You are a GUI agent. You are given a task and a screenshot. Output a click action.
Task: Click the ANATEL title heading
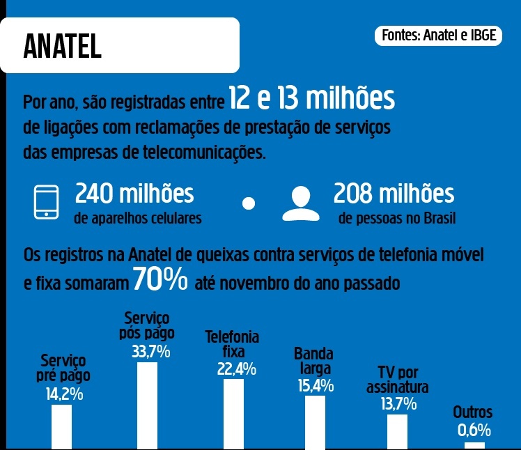pyautogui.click(x=63, y=46)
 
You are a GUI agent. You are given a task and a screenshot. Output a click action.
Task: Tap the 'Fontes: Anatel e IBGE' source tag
pyautogui.click(x=440, y=36)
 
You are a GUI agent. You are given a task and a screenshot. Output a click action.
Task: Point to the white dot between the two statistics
pyautogui.click(x=249, y=203)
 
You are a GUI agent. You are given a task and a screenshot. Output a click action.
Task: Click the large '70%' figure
pyautogui.click(x=160, y=280)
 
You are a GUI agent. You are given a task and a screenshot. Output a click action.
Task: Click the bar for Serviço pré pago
pyautogui.click(x=61, y=426)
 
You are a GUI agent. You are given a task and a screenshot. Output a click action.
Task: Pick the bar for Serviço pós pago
pyautogui.click(x=147, y=405)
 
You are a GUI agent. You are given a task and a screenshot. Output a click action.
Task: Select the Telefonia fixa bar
pyautogui.click(x=233, y=414)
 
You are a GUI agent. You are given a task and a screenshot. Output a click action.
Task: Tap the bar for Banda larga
pyautogui.click(x=315, y=422)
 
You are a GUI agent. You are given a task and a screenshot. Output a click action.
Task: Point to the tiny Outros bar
pyautogui.click(x=474, y=445)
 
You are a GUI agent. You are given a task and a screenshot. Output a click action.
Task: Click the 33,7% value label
pyautogui.click(x=150, y=351)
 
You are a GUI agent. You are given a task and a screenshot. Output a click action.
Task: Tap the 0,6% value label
pyautogui.click(x=474, y=430)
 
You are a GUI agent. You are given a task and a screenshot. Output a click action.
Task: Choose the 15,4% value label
pyautogui.click(x=314, y=385)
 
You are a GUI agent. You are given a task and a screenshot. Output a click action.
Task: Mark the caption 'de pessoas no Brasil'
pyautogui.click(x=397, y=219)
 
